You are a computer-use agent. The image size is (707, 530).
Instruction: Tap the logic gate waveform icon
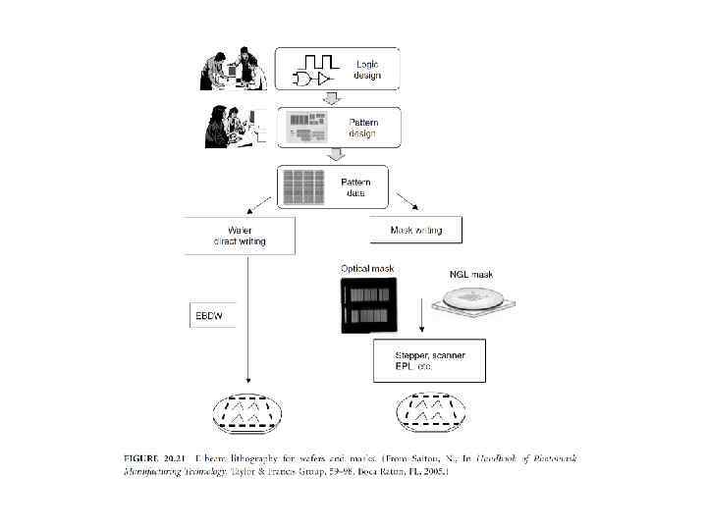314,69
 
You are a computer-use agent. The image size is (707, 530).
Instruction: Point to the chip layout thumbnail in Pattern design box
312,129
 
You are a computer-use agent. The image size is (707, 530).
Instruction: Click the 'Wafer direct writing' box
239,236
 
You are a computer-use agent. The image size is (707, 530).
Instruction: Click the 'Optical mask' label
367,268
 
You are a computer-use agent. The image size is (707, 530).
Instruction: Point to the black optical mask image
369,305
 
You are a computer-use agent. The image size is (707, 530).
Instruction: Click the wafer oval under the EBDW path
246,415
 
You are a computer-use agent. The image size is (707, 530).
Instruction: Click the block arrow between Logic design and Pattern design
332,98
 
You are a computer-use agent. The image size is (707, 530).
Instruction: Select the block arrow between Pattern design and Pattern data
336,155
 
